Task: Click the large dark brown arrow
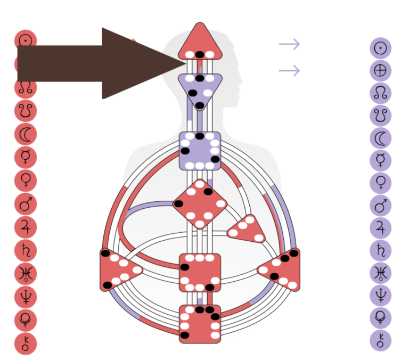coord(96,63)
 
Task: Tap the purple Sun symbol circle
coord(380,48)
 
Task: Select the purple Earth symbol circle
coord(380,70)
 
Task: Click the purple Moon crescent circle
coord(380,138)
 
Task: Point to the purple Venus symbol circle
coord(380,183)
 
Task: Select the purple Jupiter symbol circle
coord(380,228)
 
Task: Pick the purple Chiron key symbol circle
coord(380,340)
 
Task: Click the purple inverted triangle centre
coord(199,89)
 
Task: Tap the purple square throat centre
coord(200,151)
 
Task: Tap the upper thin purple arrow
coord(289,44)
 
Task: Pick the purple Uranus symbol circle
coord(380,274)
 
